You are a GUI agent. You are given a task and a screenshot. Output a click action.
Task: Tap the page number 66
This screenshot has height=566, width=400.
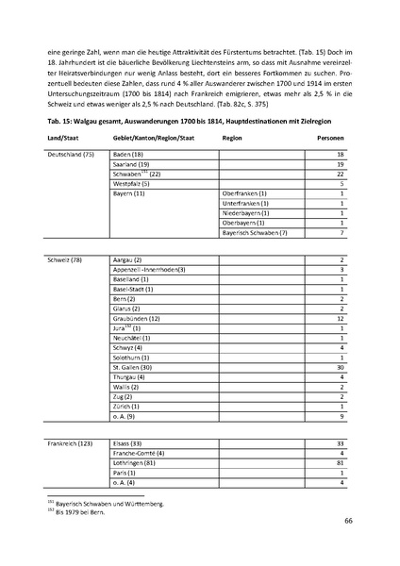(x=348, y=521)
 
